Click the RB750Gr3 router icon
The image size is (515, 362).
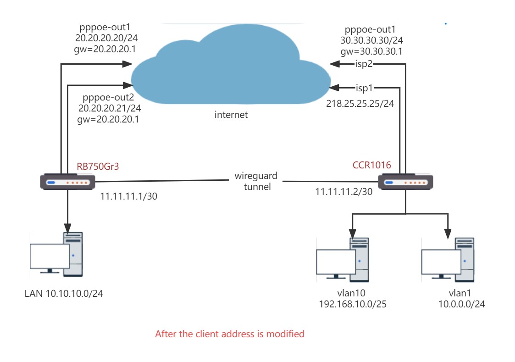coord(67,182)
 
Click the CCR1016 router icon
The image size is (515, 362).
coord(405,182)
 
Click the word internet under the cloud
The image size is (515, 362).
coord(231,115)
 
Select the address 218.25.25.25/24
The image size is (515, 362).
coord(360,104)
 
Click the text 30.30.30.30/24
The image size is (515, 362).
coord(371,41)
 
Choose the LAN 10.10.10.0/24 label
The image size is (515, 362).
coord(64,294)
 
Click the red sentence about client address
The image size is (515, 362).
coord(230,334)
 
